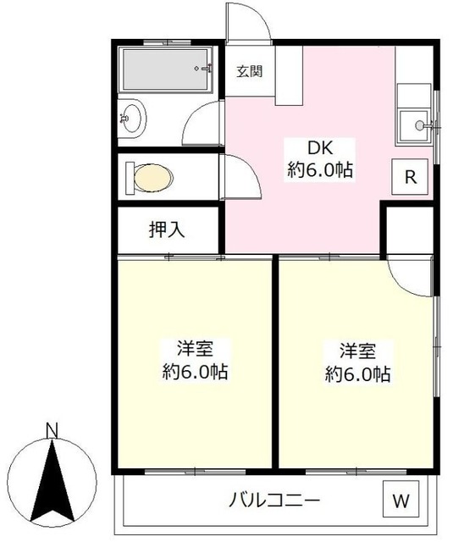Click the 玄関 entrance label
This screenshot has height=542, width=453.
click(x=250, y=71)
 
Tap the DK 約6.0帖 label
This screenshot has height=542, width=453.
click(x=320, y=159)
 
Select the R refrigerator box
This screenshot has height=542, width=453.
click(x=410, y=177)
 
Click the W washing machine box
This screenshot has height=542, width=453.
click(x=401, y=500)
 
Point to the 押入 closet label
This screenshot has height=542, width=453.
click(x=167, y=230)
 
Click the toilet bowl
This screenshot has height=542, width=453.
click(x=153, y=178)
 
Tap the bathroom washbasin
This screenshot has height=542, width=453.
click(x=132, y=118)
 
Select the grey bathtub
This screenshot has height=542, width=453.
click(x=166, y=69)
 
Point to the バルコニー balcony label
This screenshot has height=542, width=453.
click(x=274, y=500)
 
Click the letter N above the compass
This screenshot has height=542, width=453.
click(x=52, y=431)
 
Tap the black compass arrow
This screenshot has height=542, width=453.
click(x=52, y=481)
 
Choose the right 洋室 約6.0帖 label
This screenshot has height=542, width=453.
click(x=357, y=361)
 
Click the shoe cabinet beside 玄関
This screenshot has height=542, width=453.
click(x=289, y=75)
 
